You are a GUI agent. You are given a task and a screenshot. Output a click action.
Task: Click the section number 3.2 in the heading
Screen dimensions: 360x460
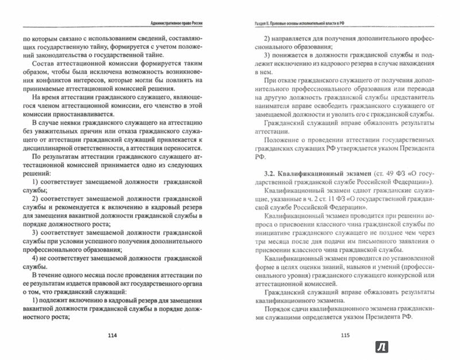click(x=260, y=174)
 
